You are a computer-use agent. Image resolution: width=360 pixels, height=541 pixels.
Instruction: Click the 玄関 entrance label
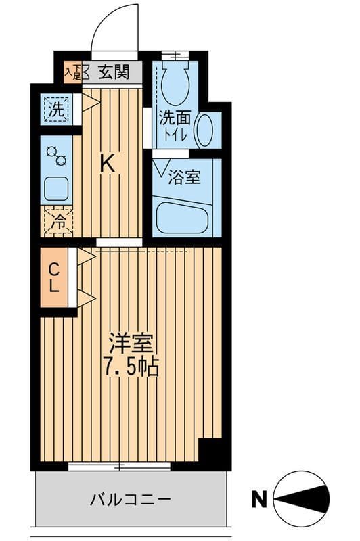tap(112, 72)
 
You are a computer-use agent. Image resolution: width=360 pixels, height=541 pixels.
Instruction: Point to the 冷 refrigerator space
tap(59, 221)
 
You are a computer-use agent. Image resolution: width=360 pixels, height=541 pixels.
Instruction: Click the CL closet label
tap(53, 277)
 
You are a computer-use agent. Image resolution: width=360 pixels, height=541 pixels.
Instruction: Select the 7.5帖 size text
tap(131, 367)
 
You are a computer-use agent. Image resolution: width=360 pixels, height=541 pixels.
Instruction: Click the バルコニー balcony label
tap(131, 500)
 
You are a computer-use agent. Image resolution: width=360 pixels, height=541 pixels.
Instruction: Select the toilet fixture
tap(174, 83)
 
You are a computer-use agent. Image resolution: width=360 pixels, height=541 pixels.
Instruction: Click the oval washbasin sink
tap(207, 128)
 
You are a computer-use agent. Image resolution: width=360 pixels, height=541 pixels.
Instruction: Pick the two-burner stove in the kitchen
tap(56, 157)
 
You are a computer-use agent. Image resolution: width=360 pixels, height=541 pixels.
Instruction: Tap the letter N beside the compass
tap(258, 500)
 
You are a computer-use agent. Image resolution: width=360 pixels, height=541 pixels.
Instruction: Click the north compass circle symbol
tap(302, 500)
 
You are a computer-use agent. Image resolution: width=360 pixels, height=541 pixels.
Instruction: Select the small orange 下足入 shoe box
tap(72, 72)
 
